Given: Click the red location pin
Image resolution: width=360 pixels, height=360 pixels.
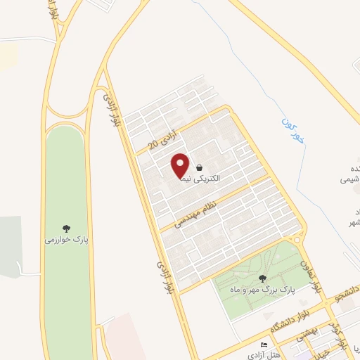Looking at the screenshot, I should click(181, 165).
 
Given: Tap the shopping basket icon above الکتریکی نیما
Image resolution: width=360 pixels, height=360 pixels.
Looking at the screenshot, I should click(200, 168).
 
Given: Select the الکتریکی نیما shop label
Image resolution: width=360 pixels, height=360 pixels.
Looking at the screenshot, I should click(200, 179).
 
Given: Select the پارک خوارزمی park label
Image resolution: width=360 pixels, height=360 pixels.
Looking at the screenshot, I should click(66, 240).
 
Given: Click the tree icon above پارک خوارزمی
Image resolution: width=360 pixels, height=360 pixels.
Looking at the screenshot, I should click(67, 228).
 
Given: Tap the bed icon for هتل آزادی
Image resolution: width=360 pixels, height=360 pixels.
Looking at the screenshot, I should click(264, 344).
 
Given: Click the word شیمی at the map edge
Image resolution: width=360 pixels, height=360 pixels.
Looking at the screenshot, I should click(350, 179).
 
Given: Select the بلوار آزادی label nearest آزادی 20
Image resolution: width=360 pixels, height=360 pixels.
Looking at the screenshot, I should click(111, 110).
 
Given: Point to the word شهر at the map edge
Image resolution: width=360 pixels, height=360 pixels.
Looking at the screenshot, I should click(352, 223).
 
